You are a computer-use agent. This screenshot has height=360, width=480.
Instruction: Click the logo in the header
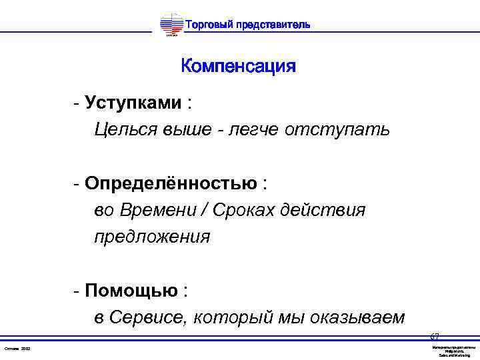(x=171, y=25)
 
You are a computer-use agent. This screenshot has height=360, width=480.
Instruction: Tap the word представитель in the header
(x=273, y=25)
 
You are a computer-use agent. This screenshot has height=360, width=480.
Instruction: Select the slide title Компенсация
(x=238, y=67)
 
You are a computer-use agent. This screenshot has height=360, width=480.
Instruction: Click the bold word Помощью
(x=131, y=291)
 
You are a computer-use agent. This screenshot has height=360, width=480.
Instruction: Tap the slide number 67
(x=435, y=337)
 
